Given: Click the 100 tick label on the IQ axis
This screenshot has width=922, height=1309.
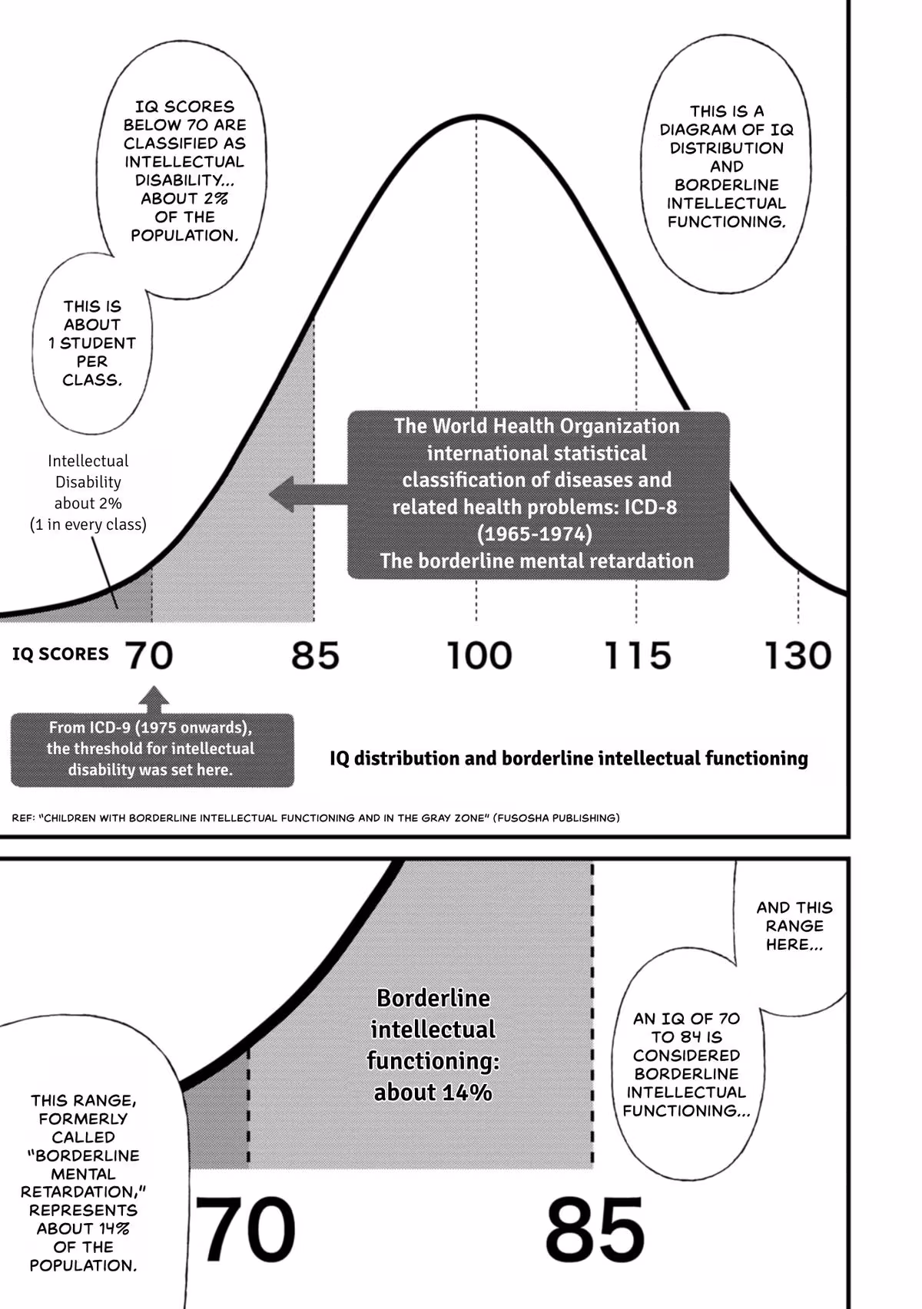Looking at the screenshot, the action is [479, 655].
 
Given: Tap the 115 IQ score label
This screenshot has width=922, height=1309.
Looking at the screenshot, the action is [637, 655].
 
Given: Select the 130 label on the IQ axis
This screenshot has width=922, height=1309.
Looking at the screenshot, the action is [798, 655].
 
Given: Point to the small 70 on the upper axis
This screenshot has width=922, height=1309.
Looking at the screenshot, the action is [148, 655].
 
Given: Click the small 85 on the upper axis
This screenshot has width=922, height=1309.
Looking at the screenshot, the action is [315, 655].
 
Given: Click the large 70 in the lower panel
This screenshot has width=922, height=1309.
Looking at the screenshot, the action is [245, 1229].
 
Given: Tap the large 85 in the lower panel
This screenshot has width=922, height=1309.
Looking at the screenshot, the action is [595, 1229].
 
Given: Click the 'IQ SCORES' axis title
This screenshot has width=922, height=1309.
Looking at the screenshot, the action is [60, 654].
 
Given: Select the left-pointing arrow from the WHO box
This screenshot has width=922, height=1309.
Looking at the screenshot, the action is [308, 494].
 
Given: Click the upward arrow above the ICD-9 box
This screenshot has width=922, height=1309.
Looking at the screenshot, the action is [154, 699].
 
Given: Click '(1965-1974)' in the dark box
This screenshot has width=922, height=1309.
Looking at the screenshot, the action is [534, 534].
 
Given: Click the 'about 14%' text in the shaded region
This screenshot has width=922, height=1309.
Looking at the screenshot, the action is [433, 1092].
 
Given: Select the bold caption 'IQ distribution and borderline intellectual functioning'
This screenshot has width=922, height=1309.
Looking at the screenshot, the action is [569, 759].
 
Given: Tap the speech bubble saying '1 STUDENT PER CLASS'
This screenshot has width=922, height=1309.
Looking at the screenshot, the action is [92, 344].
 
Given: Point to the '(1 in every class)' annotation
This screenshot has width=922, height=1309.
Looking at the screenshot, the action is [88, 525].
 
